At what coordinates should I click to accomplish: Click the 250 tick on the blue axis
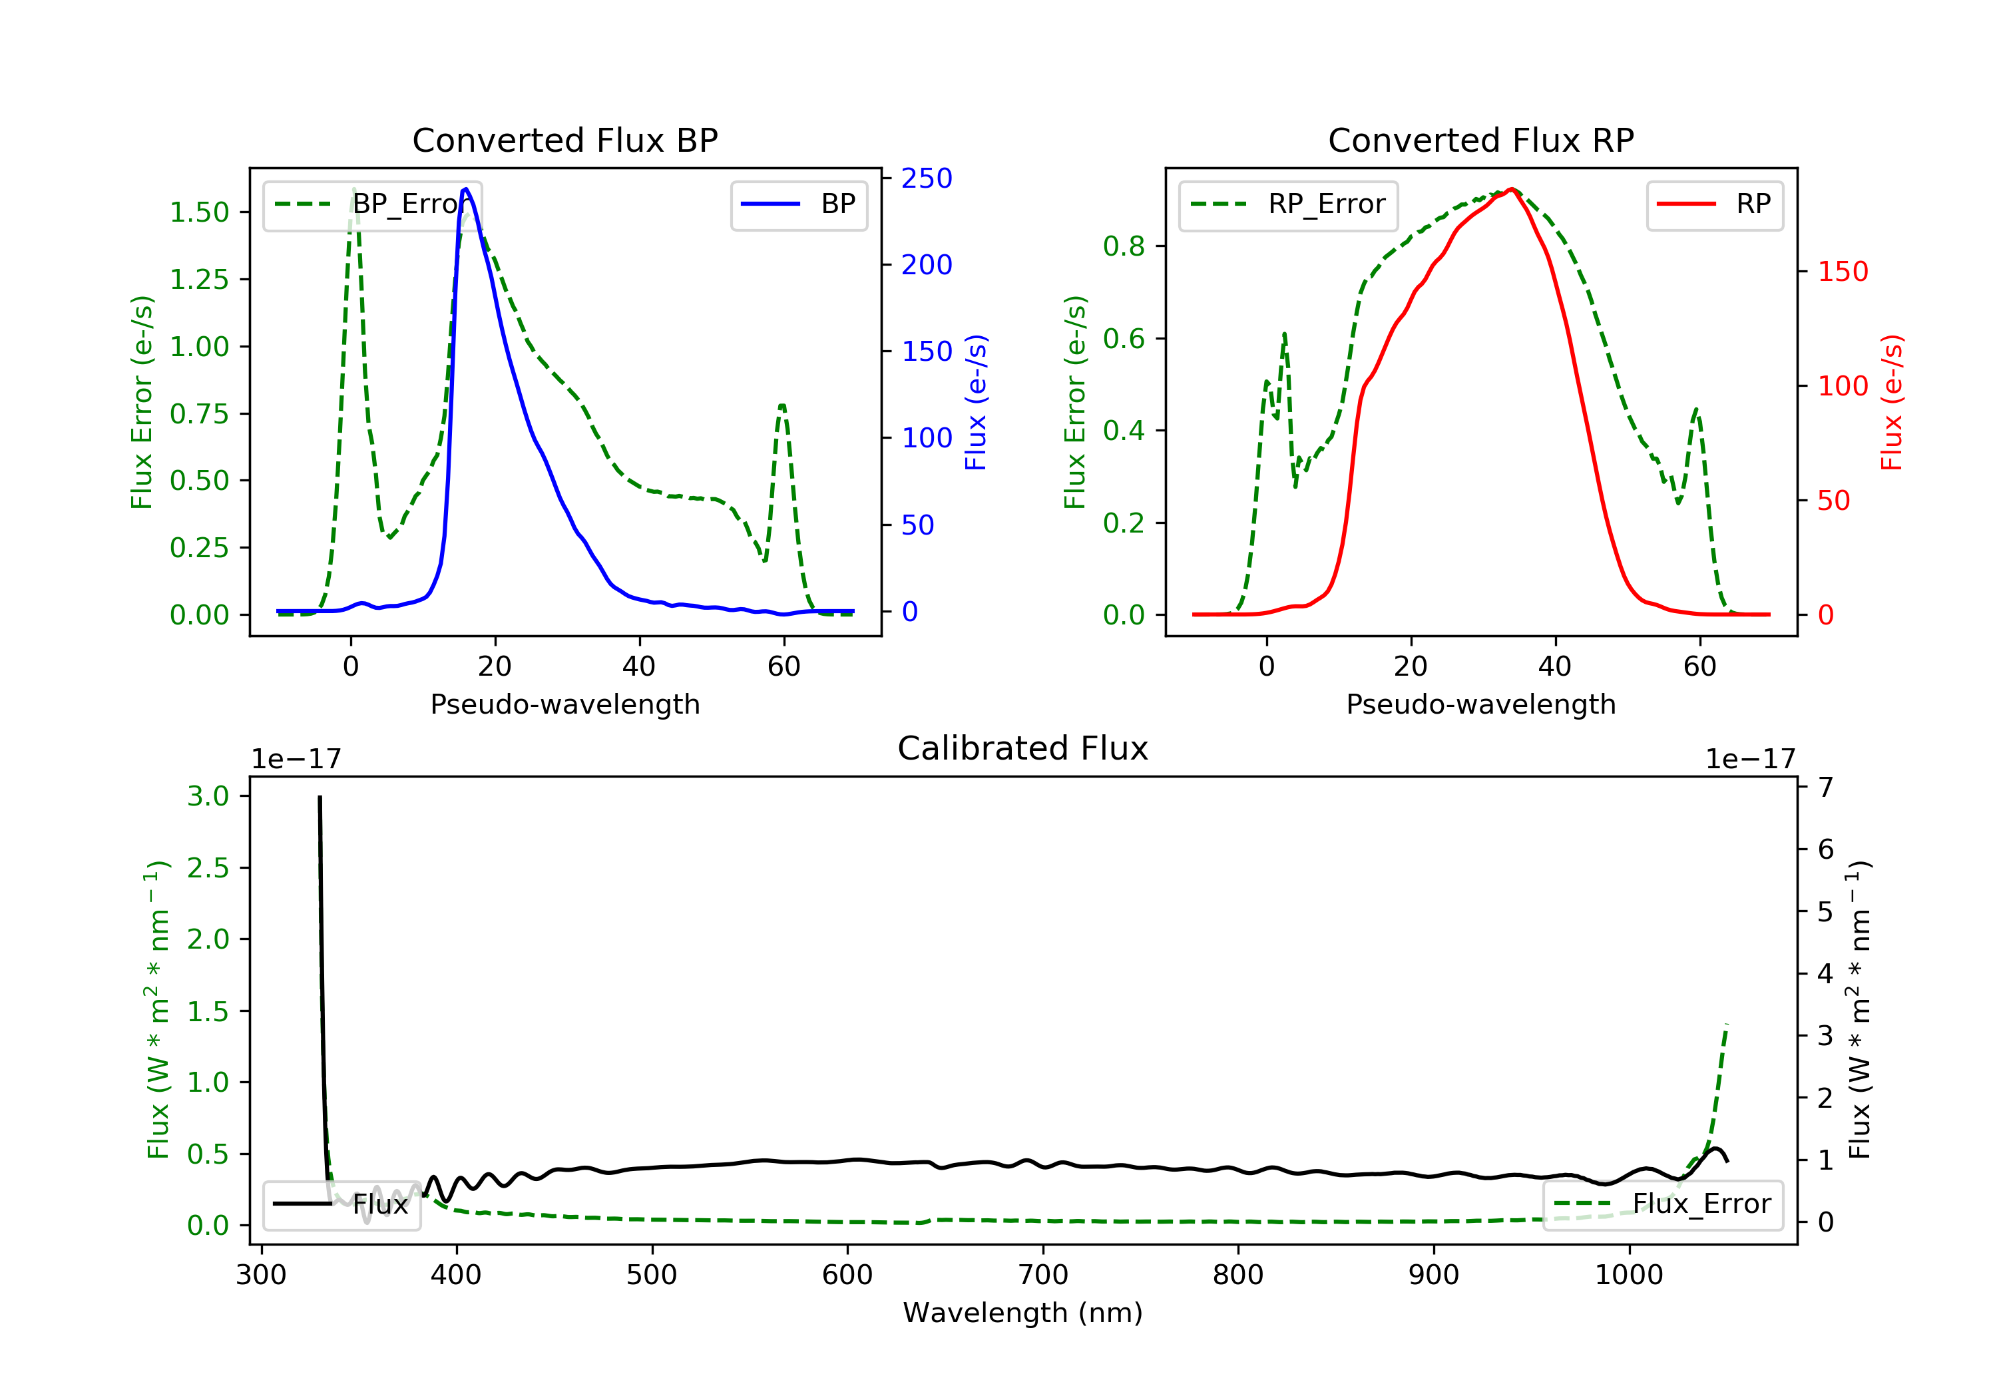[x=927, y=178]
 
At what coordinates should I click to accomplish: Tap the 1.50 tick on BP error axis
[x=199, y=212]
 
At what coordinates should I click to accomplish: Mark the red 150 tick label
[x=1842, y=272]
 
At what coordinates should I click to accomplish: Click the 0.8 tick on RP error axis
[x=1124, y=246]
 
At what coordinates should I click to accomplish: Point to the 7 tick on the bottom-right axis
[x=1826, y=788]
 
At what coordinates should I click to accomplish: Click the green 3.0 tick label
[x=208, y=796]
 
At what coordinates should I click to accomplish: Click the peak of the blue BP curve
[x=465, y=189]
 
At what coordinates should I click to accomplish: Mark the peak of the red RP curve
[x=1512, y=189]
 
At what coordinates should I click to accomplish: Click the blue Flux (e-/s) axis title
[x=976, y=403]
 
